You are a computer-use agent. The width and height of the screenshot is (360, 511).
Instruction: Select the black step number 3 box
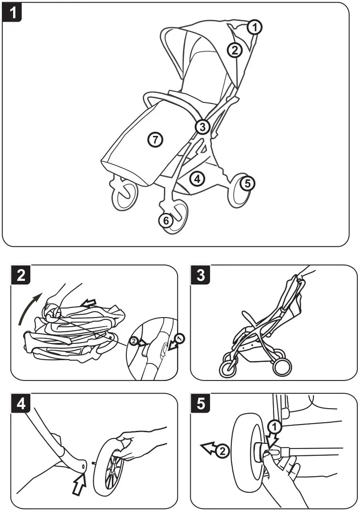pos(201,276)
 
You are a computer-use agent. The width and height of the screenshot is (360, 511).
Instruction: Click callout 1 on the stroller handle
pos(255,27)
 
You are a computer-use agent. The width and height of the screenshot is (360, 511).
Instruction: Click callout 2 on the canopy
pos(234,50)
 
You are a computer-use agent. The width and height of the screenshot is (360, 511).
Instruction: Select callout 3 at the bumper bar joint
pos(202,127)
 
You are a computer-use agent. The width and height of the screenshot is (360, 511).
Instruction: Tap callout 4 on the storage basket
pos(197,178)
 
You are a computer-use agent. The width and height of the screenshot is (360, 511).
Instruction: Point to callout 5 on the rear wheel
pos(247,183)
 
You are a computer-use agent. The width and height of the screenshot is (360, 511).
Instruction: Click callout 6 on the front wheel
pos(166,221)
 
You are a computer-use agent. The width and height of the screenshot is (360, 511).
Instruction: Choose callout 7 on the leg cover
pos(155,140)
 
